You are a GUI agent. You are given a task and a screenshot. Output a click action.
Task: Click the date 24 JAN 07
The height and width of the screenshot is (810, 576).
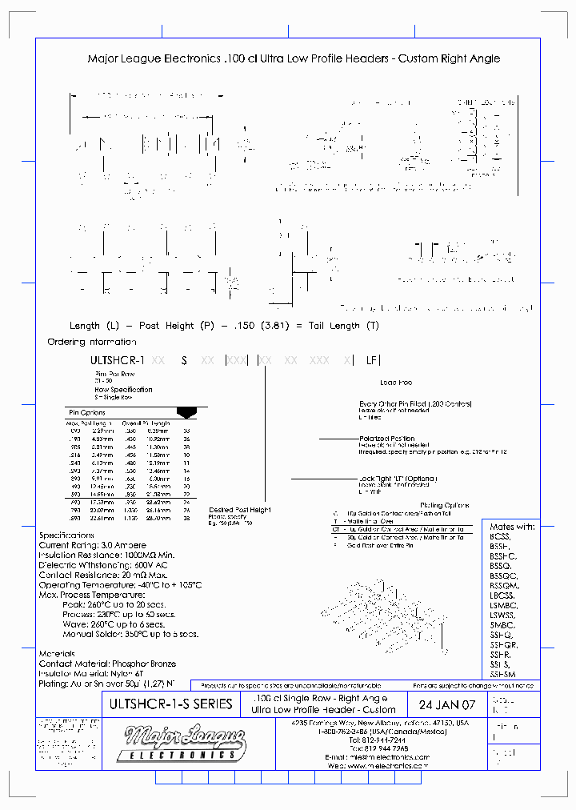pyautogui.click(x=446, y=706)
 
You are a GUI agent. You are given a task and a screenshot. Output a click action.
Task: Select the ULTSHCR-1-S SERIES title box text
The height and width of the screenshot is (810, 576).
pyautogui.click(x=170, y=704)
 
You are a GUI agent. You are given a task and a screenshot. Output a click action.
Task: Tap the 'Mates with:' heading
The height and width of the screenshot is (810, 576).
pyautogui.click(x=513, y=527)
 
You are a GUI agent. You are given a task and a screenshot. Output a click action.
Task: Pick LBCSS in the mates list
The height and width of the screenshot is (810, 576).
pyautogui.click(x=502, y=595)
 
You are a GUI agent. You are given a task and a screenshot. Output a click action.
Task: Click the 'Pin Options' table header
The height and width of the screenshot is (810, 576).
pyautogui.click(x=88, y=412)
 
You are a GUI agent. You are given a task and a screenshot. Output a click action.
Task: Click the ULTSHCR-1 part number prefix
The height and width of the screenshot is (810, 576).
pyautogui.click(x=117, y=361)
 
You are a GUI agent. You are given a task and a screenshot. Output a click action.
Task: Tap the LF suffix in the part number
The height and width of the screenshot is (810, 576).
pyautogui.click(x=371, y=361)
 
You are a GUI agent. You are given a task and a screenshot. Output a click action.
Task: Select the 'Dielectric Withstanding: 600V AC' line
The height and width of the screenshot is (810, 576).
pyautogui.click(x=105, y=565)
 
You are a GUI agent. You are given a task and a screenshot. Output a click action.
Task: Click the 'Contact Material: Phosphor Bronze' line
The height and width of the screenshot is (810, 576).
pyautogui.click(x=107, y=664)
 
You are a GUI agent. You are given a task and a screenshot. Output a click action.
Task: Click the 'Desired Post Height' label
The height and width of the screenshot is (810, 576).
pyautogui.click(x=240, y=509)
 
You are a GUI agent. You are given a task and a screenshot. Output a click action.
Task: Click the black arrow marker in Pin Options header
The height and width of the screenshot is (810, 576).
pyautogui.click(x=186, y=412)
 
